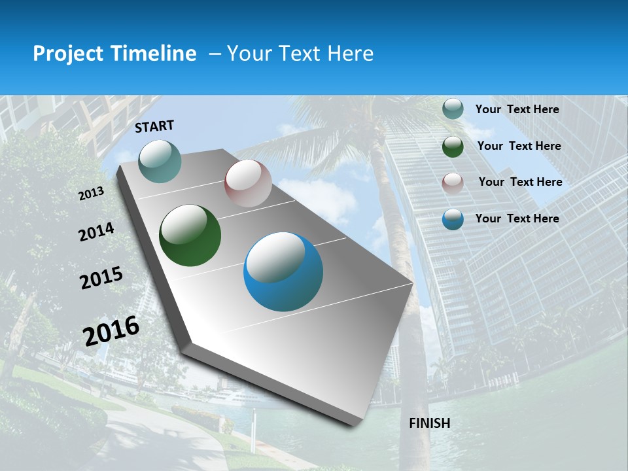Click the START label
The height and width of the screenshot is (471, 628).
tap(154, 126)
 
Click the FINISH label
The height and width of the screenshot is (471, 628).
tap(430, 423)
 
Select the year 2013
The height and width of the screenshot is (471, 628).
tap(91, 194)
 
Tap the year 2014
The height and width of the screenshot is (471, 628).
tap(96, 232)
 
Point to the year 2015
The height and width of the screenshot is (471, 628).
tap(101, 278)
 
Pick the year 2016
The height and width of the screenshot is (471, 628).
tap(111, 330)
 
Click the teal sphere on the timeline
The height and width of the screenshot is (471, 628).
tap(160, 161)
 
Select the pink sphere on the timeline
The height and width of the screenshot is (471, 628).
tap(248, 183)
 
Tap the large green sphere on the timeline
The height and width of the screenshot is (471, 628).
tap(190, 235)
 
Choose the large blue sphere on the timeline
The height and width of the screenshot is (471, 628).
tap(283, 271)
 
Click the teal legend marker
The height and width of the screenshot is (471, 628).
tap(453, 109)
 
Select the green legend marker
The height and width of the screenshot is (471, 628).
tap(453, 147)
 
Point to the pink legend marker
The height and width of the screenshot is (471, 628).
tap(453, 183)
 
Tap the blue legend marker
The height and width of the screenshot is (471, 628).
tap(453, 219)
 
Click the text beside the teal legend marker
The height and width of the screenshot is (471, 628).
tap(517, 109)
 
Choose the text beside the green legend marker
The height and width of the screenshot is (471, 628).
tap(519, 146)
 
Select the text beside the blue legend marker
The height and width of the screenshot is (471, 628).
tap(517, 218)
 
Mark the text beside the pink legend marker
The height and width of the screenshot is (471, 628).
tap(520, 182)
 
